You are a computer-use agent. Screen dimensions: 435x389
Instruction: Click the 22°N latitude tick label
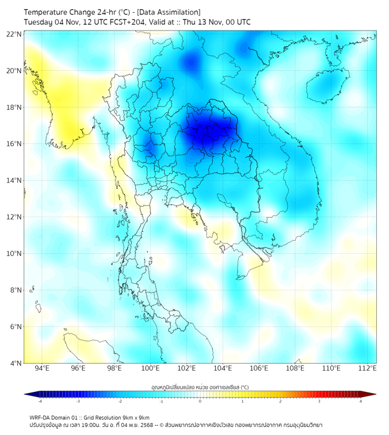point(14,34)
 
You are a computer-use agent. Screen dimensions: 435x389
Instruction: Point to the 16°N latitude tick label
point(14,144)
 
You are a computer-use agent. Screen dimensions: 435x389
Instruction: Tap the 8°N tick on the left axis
point(16,290)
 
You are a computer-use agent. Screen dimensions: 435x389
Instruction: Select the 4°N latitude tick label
point(16,363)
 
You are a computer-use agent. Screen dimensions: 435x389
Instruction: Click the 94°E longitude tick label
point(42,369)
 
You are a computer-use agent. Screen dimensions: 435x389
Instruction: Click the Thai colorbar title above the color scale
point(200,387)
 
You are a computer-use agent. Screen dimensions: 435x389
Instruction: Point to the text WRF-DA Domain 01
point(54,417)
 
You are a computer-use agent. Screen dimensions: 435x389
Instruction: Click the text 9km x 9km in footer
point(135,417)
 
